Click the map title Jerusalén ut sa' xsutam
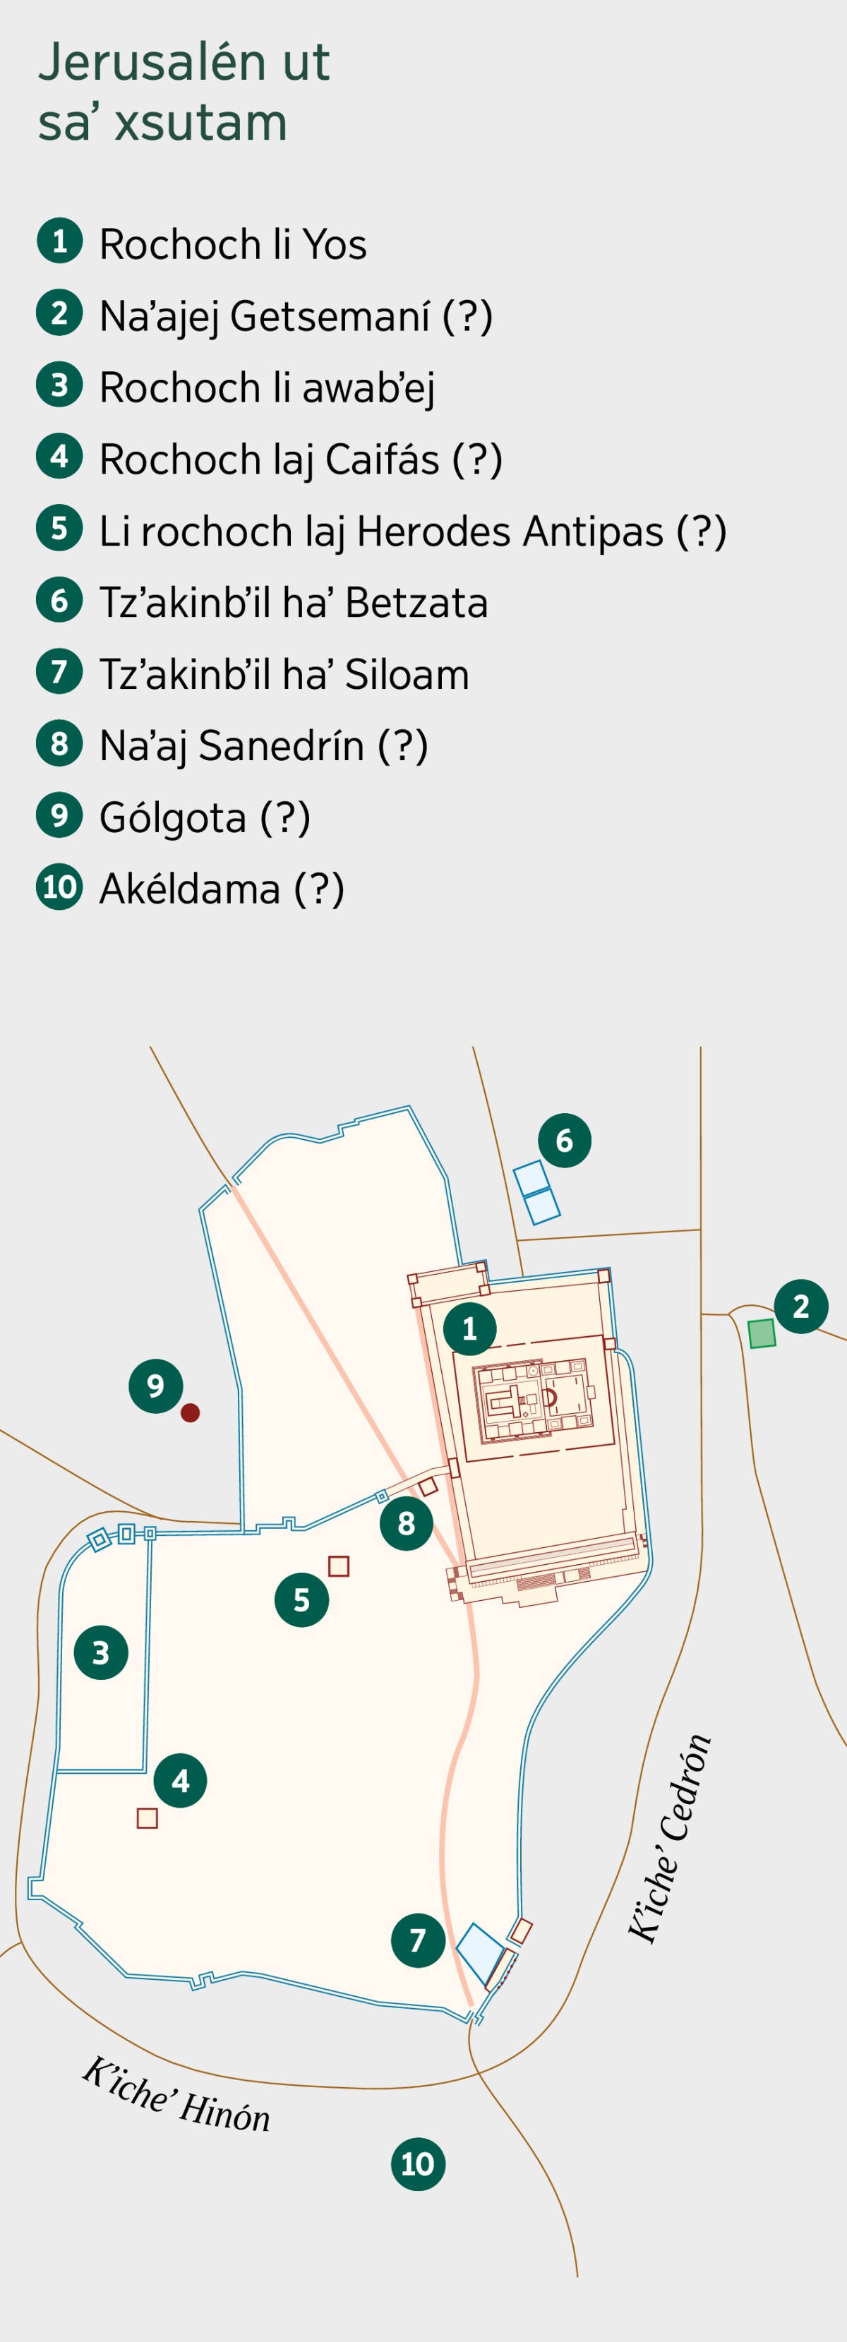coord(184,92)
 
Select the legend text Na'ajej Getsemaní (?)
coord(295,316)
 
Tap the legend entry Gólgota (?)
coord(205,817)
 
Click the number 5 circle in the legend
coord(59,528)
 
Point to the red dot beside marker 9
coord(190,1412)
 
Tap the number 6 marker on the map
coord(565,1140)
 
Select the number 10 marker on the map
coord(418,2164)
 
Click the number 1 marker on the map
coord(470,1329)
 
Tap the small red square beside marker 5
coord(339,1566)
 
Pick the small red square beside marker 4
coord(148,1818)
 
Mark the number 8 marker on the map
coord(407,1523)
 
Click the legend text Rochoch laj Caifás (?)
coord(300,459)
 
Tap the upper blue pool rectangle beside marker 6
coord(531,1177)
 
